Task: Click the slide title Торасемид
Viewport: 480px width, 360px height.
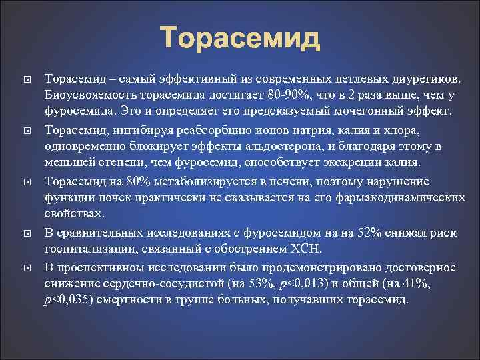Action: click(x=240, y=38)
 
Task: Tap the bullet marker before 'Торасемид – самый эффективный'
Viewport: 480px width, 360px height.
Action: click(x=21, y=79)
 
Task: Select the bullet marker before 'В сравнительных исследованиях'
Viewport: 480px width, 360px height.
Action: click(x=21, y=233)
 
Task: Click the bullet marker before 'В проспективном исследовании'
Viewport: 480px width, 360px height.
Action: click(x=21, y=268)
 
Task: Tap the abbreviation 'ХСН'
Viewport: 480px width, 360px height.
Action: click(x=307, y=250)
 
